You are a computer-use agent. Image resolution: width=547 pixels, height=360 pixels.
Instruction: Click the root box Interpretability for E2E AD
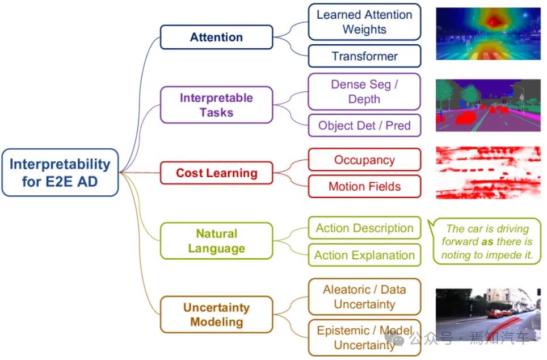pyautogui.click(x=60, y=173)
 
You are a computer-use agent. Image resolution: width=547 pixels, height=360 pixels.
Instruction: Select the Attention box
pyautogui.click(x=216, y=37)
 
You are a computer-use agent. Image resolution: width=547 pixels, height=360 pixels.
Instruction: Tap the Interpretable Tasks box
pyautogui.click(x=216, y=105)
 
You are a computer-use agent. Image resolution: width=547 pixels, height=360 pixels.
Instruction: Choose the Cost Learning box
pyautogui.click(x=216, y=173)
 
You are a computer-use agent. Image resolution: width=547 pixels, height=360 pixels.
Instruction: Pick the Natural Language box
pyautogui.click(x=216, y=241)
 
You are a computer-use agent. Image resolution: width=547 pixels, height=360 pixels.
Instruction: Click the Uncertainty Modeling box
pyautogui.click(x=216, y=315)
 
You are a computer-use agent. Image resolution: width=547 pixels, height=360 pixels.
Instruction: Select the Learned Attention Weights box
pyautogui.click(x=364, y=22)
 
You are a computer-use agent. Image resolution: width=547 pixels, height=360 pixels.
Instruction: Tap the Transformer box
pyautogui.click(x=364, y=56)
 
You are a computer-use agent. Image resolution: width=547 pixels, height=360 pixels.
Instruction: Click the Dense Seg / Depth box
pyautogui.click(x=364, y=91)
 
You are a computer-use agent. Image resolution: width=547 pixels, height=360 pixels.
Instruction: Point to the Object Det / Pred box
pyautogui.click(x=364, y=125)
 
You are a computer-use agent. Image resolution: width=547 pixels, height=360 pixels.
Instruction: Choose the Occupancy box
pyautogui.click(x=364, y=160)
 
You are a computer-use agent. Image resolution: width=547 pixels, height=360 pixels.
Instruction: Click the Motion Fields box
pyautogui.click(x=364, y=186)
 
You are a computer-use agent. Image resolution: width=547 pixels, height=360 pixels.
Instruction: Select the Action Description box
pyautogui.click(x=364, y=228)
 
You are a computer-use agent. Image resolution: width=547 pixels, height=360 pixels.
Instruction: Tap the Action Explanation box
pyautogui.click(x=364, y=255)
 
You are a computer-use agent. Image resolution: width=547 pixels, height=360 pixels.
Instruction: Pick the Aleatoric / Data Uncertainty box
pyautogui.click(x=364, y=296)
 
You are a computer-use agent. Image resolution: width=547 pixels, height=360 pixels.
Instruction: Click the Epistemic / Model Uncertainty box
pyautogui.click(x=364, y=337)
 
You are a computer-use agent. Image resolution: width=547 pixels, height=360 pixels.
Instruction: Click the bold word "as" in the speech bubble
pyautogui.click(x=486, y=242)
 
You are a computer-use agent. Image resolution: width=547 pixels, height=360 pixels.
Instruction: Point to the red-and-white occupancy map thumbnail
pyautogui.click(x=488, y=173)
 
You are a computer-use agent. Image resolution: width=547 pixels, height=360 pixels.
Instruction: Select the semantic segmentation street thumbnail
pyautogui.click(x=488, y=105)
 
